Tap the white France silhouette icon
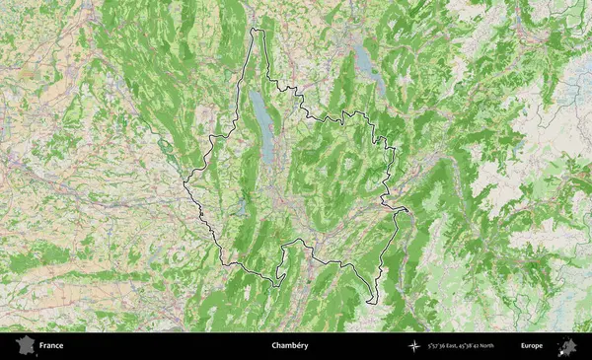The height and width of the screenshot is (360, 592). tap(22, 346)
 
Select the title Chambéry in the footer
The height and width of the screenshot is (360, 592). tap(290, 346)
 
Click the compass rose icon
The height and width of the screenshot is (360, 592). tap(412, 346)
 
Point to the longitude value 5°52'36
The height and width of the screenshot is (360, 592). tap(441, 346)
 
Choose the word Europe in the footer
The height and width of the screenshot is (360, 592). tap(532, 346)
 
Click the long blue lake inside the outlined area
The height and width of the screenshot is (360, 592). tap(263, 126)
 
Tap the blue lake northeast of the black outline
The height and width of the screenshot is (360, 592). tap(365, 62)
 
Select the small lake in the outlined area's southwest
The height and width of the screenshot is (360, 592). tap(242, 207)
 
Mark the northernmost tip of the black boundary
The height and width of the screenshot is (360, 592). tap(258, 30)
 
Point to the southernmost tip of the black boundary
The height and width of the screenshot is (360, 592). tap(372, 303)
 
